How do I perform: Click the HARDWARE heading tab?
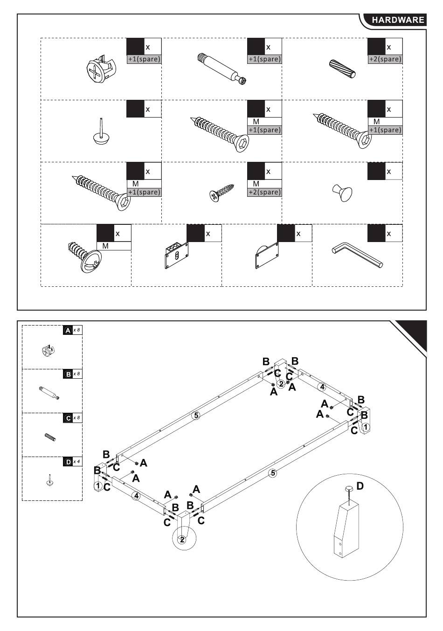pyautogui.click(x=398, y=20)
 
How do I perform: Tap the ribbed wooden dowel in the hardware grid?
pyautogui.click(x=343, y=69)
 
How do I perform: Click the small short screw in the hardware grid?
pyautogui.click(x=221, y=192)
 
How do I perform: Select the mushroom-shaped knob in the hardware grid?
pyautogui.click(x=342, y=192)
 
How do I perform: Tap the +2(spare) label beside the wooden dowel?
pyautogui.click(x=385, y=59)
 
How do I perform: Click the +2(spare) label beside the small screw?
pyautogui.click(x=264, y=192)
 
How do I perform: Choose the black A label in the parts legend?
pyautogui.click(x=68, y=330)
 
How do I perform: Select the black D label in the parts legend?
pyautogui.click(x=68, y=462)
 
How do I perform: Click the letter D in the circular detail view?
pyautogui.click(x=360, y=486)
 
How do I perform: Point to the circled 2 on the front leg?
pyautogui.click(x=182, y=540)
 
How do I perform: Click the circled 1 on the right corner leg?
pyautogui.click(x=366, y=427)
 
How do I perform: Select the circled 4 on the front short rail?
pyautogui.click(x=136, y=496)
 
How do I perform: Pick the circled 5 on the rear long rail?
pyautogui.click(x=196, y=415)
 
